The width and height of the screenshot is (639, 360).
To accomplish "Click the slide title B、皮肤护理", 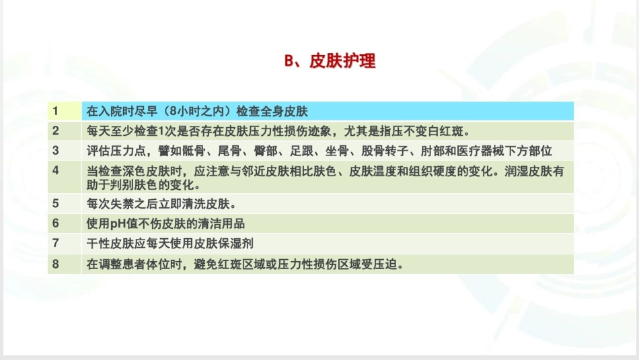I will (330, 61).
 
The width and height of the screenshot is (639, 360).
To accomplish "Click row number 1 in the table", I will (56, 110).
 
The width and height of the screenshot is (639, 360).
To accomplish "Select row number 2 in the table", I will (56, 131).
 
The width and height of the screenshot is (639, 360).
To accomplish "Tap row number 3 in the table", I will (56, 150).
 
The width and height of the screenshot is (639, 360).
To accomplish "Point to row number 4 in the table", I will (56, 170).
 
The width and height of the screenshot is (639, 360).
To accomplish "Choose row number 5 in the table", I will (56, 203).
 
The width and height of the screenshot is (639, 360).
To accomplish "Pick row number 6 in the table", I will (56, 223).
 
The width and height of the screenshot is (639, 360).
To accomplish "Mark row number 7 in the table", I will (56, 243).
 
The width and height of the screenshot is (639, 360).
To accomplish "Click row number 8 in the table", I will (56, 264).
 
